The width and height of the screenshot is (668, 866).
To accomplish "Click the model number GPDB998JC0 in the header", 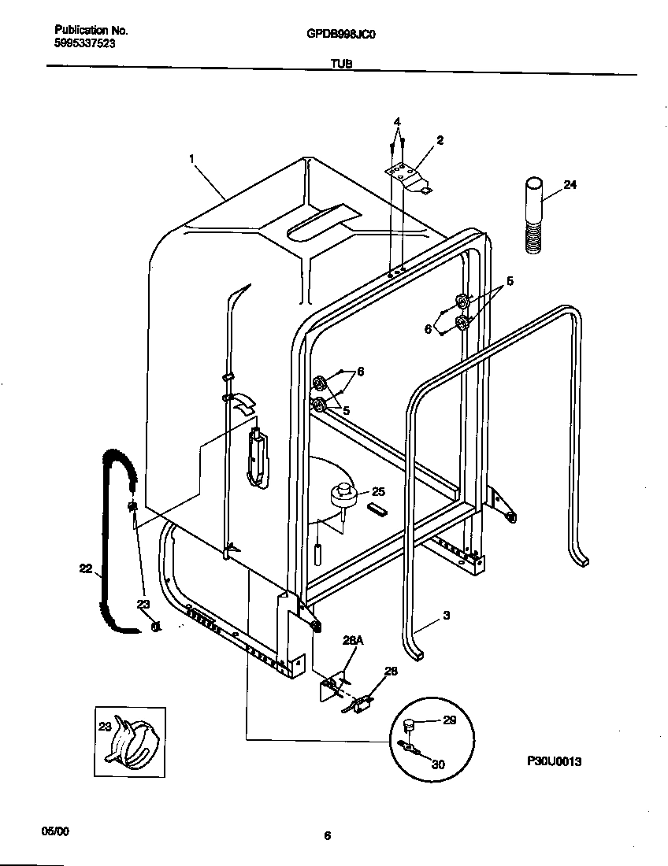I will tap(334, 34).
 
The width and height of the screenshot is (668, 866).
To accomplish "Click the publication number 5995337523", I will tap(85, 44).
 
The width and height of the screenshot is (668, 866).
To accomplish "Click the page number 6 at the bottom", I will tap(327, 837).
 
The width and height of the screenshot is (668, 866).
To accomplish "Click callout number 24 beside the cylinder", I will tap(570, 186).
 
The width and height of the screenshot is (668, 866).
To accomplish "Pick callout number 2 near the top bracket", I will tap(440, 140).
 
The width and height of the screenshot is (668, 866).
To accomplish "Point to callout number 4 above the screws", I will tap(397, 122).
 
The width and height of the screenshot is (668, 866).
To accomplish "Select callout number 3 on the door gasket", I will tap(446, 616).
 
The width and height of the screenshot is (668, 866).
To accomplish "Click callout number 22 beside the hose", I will tap(85, 567).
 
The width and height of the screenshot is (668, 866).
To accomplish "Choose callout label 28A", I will tap(353, 642).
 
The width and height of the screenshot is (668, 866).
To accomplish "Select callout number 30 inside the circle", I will tap(439, 763).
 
